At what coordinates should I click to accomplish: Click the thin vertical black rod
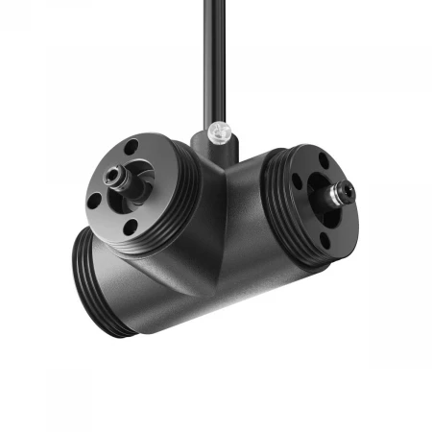pos(210,58)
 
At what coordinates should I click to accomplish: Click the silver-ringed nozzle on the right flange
pos(341,193)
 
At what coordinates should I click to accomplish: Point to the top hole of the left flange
pos(131,148)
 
